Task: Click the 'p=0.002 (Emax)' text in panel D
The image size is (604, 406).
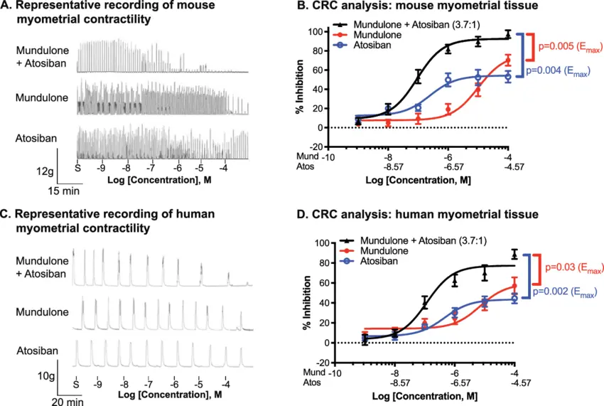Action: (x=564, y=292)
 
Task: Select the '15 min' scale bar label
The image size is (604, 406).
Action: (x=70, y=191)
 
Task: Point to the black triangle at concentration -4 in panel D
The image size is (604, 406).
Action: (x=514, y=253)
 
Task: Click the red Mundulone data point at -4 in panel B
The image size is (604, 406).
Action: (x=508, y=60)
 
